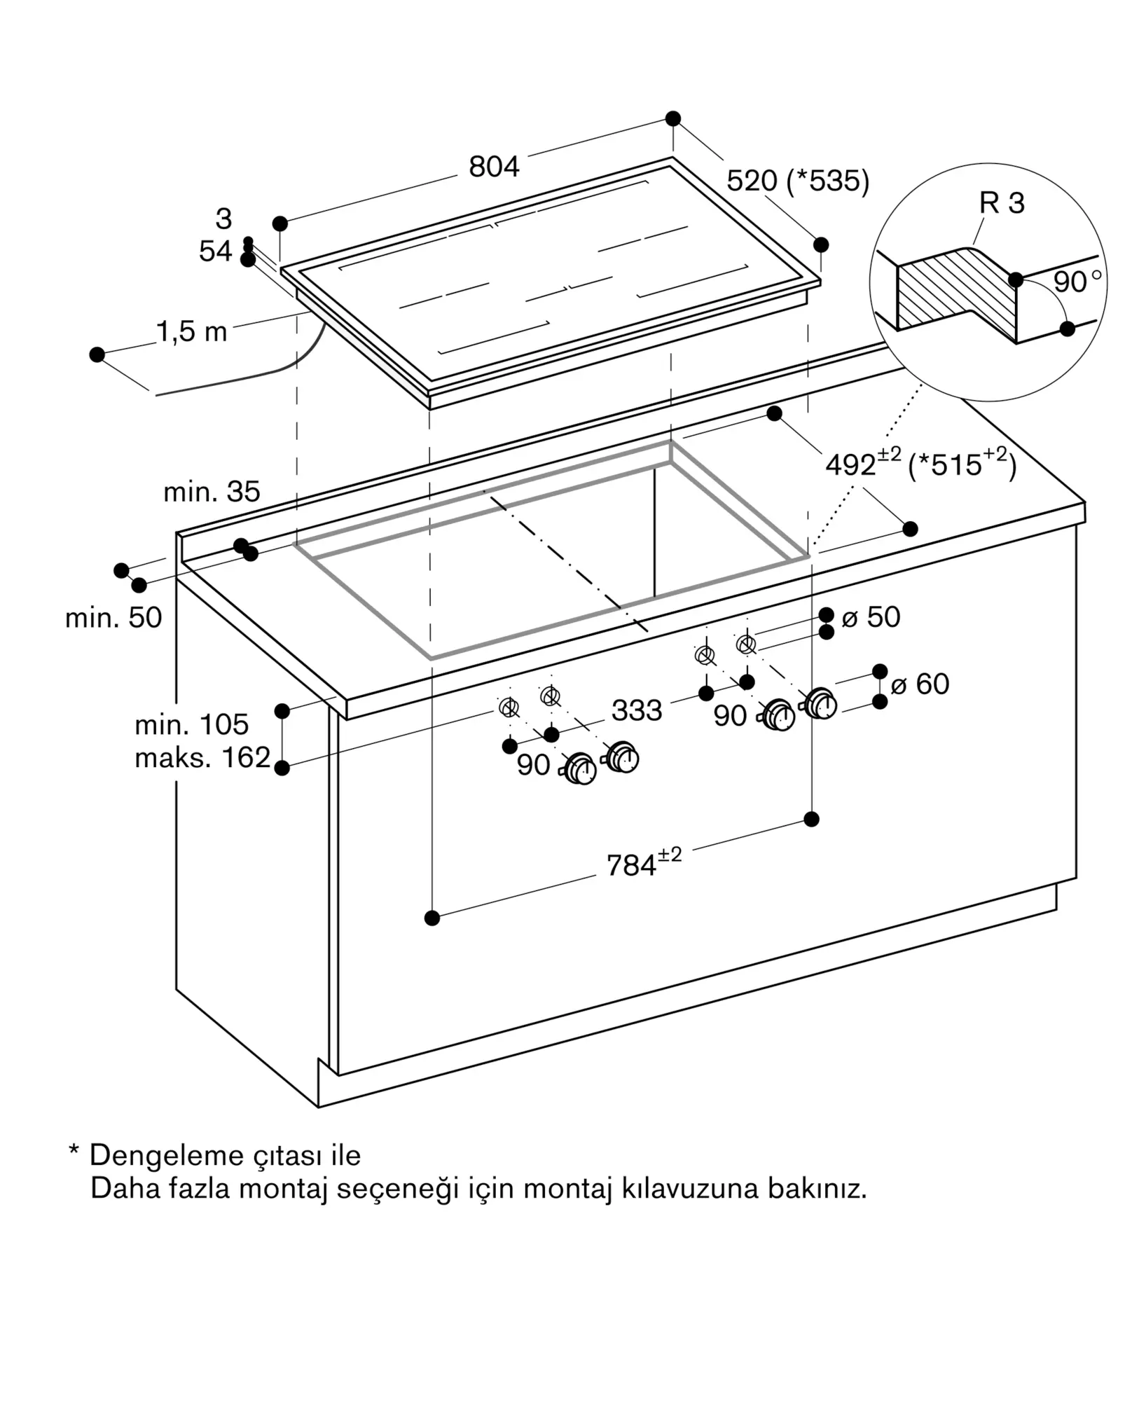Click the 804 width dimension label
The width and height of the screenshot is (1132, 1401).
pyautogui.click(x=494, y=167)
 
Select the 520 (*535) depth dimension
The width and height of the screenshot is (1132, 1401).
pyautogui.click(x=797, y=181)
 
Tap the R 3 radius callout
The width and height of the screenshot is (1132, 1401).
pyautogui.click(x=1001, y=203)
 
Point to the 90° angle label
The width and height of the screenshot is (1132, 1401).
pyautogui.click(x=1076, y=282)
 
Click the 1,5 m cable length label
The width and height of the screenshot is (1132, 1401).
pyautogui.click(x=191, y=331)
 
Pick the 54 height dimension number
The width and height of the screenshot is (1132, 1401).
pyautogui.click(x=215, y=251)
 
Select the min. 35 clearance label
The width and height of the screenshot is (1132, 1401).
pyautogui.click(x=212, y=492)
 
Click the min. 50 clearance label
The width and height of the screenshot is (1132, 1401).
pyautogui.click(x=113, y=617)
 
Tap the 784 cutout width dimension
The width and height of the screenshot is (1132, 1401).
pyautogui.click(x=642, y=864)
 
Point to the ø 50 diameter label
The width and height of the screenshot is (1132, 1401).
pyautogui.click(x=871, y=617)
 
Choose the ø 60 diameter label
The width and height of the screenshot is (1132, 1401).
pyautogui.click(x=920, y=684)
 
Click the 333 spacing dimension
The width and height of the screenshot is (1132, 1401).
pyautogui.click(x=636, y=710)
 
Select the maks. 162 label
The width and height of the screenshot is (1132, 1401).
pyautogui.click(x=202, y=757)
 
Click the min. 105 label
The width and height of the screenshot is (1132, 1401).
pyautogui.click(x=191, y=724)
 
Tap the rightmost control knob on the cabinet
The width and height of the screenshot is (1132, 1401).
pyautogui.click(x=820, y=703)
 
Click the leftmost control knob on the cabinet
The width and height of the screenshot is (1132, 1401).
pyautogui.click(x=581, y=769)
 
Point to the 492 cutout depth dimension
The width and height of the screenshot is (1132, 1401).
pyautogui.click(x=862, y=464)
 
